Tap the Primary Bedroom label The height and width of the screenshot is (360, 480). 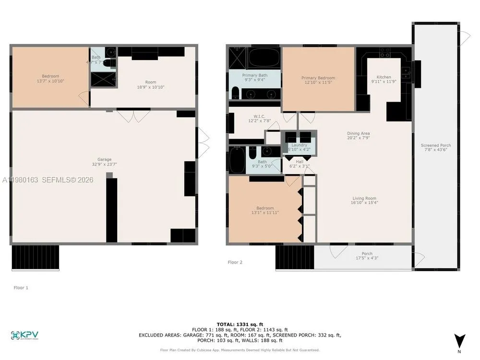point(318,78)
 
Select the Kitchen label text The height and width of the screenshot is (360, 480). point(384,77)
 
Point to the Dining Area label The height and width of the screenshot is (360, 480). point(358,133)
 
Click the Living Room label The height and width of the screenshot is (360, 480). point(364,198)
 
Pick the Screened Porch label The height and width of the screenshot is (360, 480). point(435,145)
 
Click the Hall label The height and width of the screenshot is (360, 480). point(300,162)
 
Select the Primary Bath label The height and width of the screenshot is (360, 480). point(254,75)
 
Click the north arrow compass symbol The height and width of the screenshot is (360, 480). point(460,341)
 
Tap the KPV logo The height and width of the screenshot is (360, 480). point(24,335)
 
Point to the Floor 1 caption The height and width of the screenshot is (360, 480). point(21,288)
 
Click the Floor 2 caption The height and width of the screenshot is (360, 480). point(235,262)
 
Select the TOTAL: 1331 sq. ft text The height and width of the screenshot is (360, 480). point(240,324)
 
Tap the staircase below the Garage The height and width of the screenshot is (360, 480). point(35,257)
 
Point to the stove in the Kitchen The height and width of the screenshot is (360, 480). point(384,52)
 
